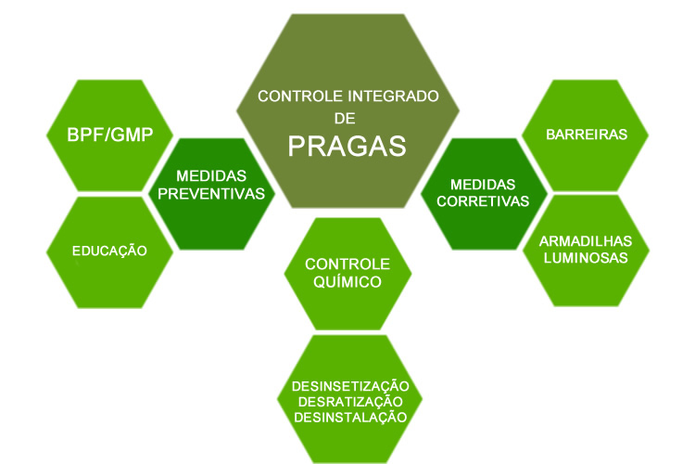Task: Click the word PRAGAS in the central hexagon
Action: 347,146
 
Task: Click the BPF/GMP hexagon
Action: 108,135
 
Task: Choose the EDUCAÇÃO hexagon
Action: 108,251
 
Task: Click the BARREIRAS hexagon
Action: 586,134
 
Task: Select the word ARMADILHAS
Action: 586,240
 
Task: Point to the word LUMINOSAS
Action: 586,258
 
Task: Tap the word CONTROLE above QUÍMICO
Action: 347,264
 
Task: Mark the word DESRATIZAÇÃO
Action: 350,401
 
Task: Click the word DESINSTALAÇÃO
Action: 350,417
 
